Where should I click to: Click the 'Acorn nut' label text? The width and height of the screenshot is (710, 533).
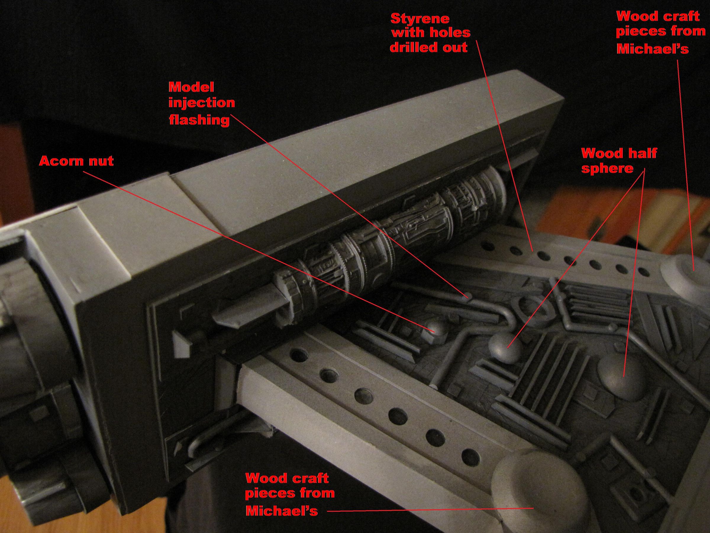pos(76,161)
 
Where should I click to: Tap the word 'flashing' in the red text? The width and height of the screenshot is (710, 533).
pos(199,120)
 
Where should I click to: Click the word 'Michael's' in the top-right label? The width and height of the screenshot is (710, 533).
pos(652,49)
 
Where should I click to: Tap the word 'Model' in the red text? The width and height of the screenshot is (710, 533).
pos(191,87)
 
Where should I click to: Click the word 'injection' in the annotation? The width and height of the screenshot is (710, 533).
pos(201,103)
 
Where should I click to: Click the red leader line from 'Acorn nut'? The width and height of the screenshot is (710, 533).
pos(257,250)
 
